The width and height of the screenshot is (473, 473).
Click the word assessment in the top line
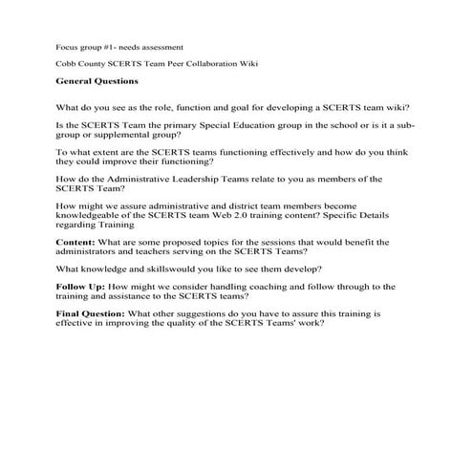click(x=161, y=46)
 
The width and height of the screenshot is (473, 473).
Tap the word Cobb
click(x=67, y=63)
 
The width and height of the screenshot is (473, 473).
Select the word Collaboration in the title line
click(x=208, y=63)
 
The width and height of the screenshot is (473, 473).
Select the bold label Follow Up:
click(x=81, y=287)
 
